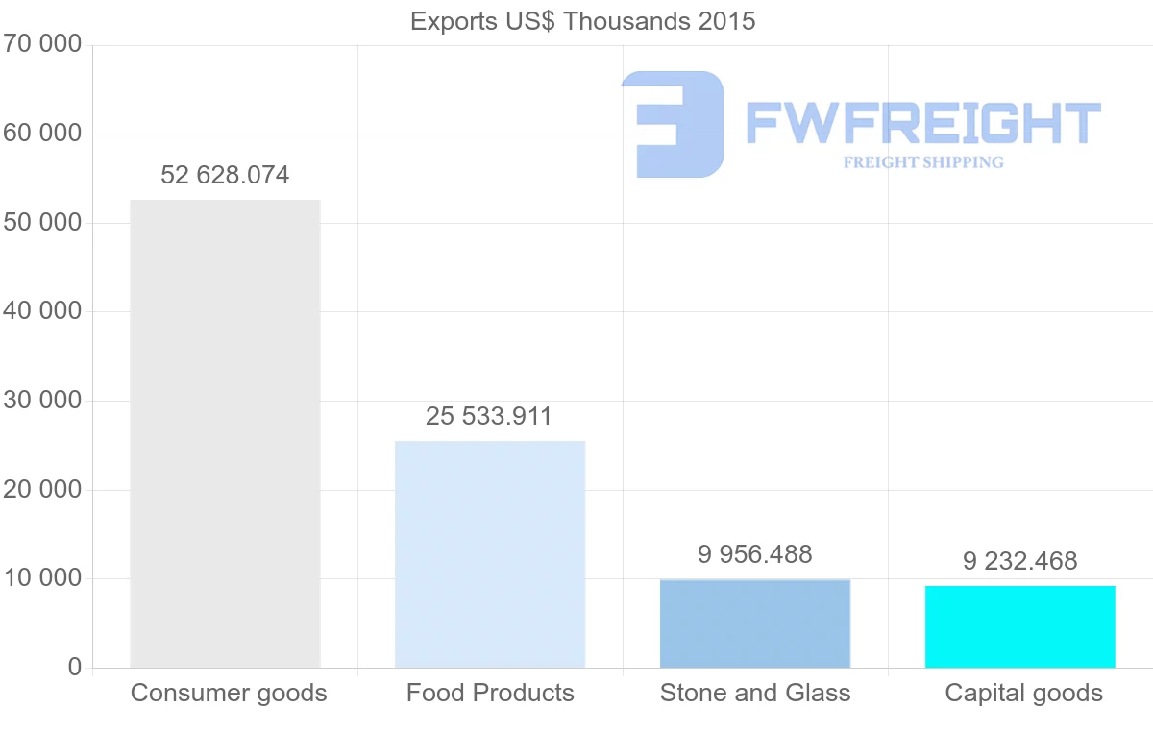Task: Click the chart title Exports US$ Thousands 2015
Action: click(582, 21)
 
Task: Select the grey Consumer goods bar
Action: click(225, 433)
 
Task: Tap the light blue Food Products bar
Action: click(490, 554)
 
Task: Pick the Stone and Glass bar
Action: click(755, 623)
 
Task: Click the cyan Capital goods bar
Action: click(1019, 626)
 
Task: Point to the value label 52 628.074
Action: click(225, 176)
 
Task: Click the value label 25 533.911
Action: click(489, 417)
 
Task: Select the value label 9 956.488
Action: click(755, 555)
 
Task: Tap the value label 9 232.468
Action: click(1019, 561)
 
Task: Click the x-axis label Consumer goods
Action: click(229, 694)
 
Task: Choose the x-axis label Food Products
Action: click(490, 694)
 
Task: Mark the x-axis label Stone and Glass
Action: click(755, 694)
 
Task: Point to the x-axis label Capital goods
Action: click(1023, 694)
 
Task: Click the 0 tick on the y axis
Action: click(74, 668)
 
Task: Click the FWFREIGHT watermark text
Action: click(922, 123)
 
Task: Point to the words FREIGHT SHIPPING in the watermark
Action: click(922, 162)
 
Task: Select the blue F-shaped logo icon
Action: click(673, 123)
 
